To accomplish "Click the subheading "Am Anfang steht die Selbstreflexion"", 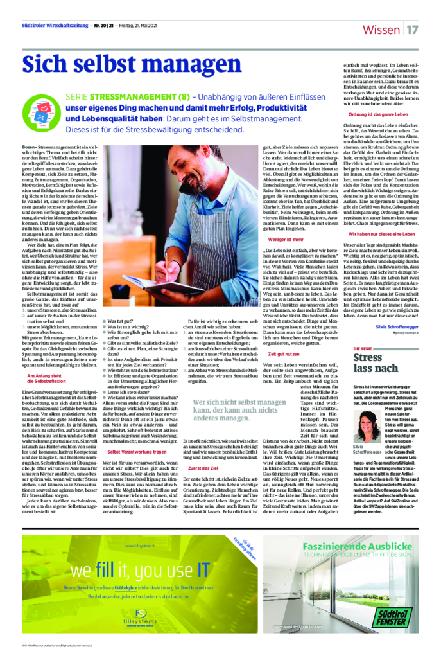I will (x=46, y=378).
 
